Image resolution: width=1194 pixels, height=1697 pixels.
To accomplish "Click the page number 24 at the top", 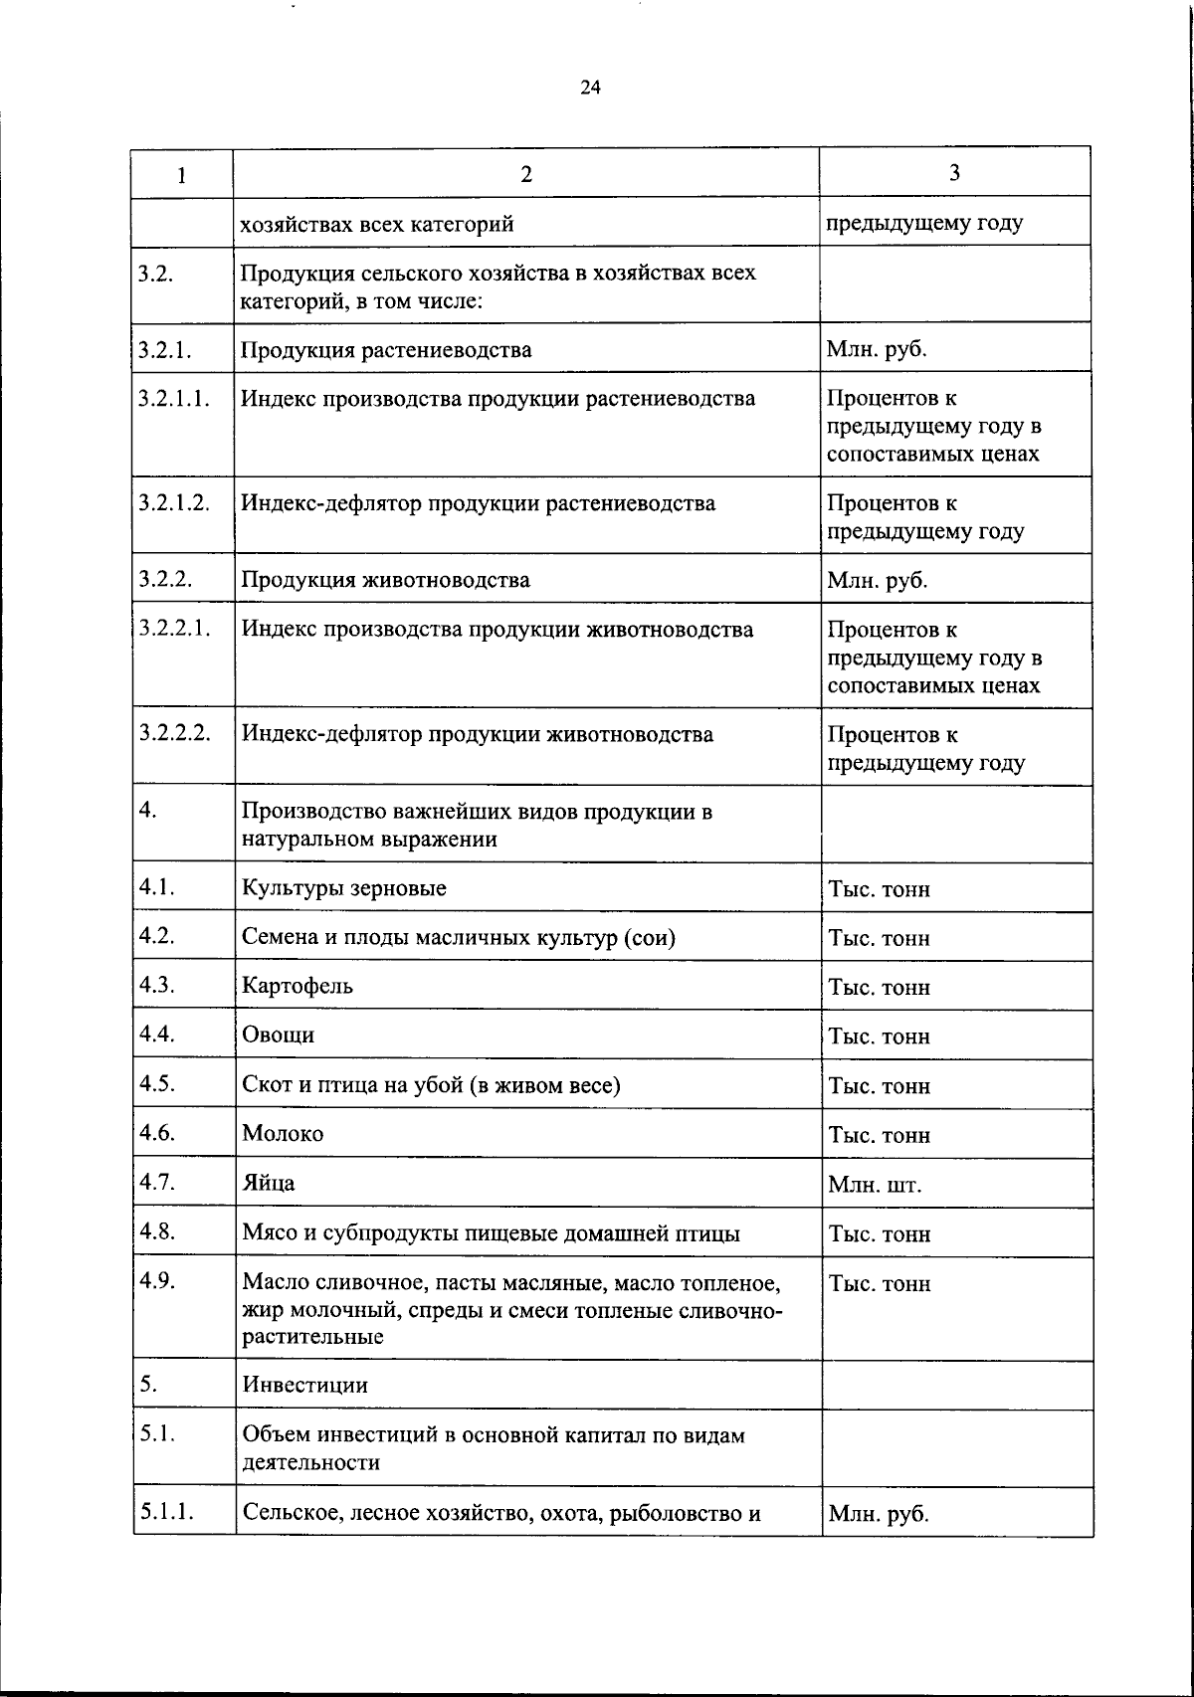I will tap(590, 88).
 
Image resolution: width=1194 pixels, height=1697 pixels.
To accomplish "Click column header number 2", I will tap(525, 174).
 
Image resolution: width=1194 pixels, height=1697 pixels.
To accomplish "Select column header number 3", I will tap(954, 173).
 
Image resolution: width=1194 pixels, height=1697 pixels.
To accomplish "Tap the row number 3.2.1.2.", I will tap(174, 502).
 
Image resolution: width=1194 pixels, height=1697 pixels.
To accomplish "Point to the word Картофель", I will tap(298, 986).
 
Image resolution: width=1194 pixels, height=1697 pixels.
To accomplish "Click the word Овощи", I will tap(279, 1035).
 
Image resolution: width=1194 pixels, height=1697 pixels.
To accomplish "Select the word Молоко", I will tap(283, 1134).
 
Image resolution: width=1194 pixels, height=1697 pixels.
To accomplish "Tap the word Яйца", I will tap(269, 1184).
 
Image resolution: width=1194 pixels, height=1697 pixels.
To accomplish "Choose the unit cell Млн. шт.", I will tap(875, 1185).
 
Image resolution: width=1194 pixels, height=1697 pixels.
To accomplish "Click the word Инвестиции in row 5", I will tap(304, 1385).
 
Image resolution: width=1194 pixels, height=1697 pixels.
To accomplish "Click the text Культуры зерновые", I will tap(344, 887).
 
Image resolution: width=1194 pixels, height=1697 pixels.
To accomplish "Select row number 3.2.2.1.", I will tap(175, 629).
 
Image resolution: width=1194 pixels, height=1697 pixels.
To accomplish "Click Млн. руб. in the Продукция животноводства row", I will tap(877, 580).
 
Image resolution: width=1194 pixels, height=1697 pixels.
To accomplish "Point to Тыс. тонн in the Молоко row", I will tap(879, 1135).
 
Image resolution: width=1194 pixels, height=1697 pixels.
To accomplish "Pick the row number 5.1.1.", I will tap(166, 1512).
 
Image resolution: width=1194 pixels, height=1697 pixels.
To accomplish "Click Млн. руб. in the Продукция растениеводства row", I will tap(877, 350).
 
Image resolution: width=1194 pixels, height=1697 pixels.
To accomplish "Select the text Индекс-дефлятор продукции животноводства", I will tap(478, 735).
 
